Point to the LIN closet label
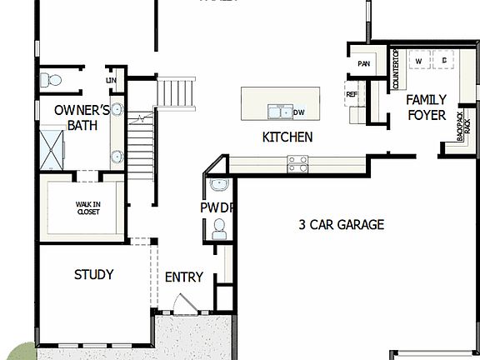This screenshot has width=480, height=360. coord(111,80)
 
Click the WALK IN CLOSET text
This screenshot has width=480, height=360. coord(87,207)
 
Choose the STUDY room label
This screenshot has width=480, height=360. coord(93,275)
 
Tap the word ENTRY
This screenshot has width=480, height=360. coord(183,277)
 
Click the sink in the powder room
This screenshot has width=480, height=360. coord(218,184)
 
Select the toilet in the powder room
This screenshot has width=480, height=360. coord(219,227)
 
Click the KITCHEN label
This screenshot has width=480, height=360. coord(287,137)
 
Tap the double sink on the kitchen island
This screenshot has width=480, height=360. coord(279,112)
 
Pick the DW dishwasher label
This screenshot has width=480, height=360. coord(299,112)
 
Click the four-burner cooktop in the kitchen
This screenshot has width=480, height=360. coord(298,163)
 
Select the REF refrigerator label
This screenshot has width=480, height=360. coord(352,95)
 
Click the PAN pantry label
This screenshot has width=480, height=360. coord(363,63)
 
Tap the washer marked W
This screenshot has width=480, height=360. coord(418,62)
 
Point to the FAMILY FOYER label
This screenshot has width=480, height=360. coord(426,107)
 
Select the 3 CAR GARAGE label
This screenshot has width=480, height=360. coord(341,224)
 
